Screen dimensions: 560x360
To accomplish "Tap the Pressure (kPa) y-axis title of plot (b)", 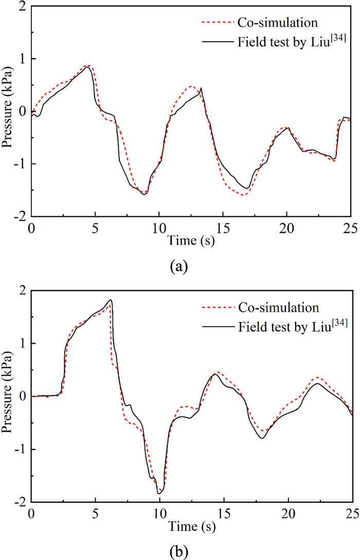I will pyautogui.click(x=8, y=397).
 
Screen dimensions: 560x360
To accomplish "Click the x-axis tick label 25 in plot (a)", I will pyautogui.click(x=351, y=226).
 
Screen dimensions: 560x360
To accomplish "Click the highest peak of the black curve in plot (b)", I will pyautogui.click(x=111, y=300).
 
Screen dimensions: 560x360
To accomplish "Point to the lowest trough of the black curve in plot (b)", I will pyautogui.click(x=159, y=494).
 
